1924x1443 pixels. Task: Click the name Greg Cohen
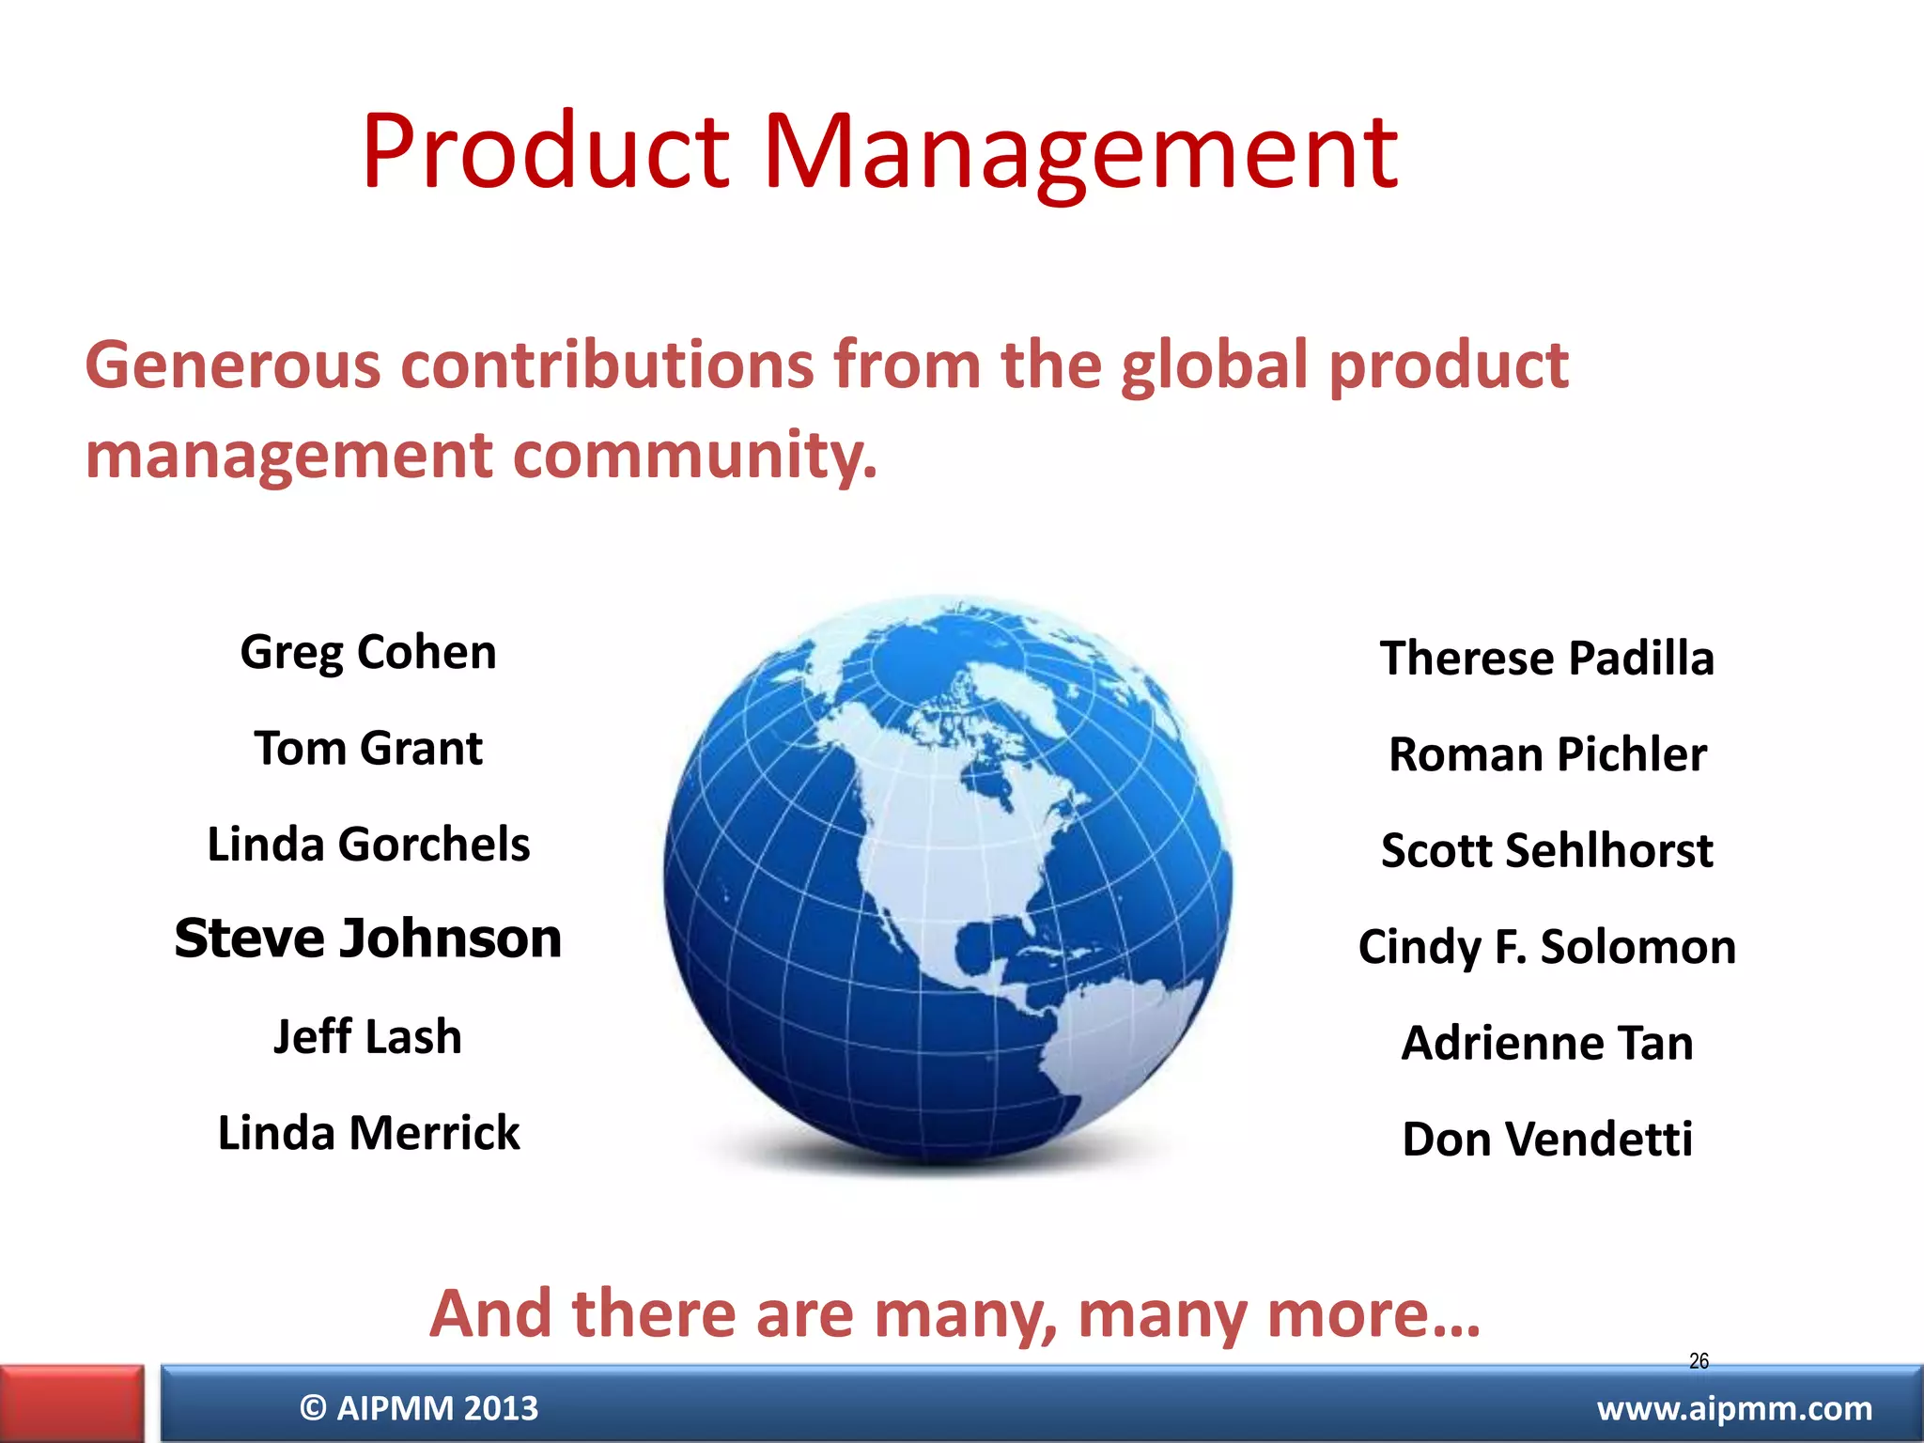[x=368, y=653]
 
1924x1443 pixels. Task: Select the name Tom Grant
[x=368, y=749]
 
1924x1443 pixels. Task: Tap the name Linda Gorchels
[x=368, y=845]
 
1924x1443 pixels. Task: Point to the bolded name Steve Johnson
[x=368, y=939]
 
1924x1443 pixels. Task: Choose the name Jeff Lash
[x=368, y=1037]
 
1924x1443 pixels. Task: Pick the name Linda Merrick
[x=368, y=1133]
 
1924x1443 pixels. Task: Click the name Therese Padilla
[x=1547, y=659]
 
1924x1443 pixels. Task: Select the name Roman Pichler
[x=1547, y=754]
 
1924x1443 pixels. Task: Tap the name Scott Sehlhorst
[x=1547, y=851]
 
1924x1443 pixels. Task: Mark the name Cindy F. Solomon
[x=1547, y=947]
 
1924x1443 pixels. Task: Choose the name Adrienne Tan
[x=1547, y=1043]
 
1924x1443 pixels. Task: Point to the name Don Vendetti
[x=1547, y=1140]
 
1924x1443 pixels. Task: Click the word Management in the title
[x=1080, y=152]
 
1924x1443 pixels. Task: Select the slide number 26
[x=1699, y=1360]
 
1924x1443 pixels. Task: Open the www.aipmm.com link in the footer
[x=1734, y=1408]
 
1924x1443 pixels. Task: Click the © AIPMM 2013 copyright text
[x=419, y=1408]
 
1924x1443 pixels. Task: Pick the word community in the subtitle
[x=695, y=456]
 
